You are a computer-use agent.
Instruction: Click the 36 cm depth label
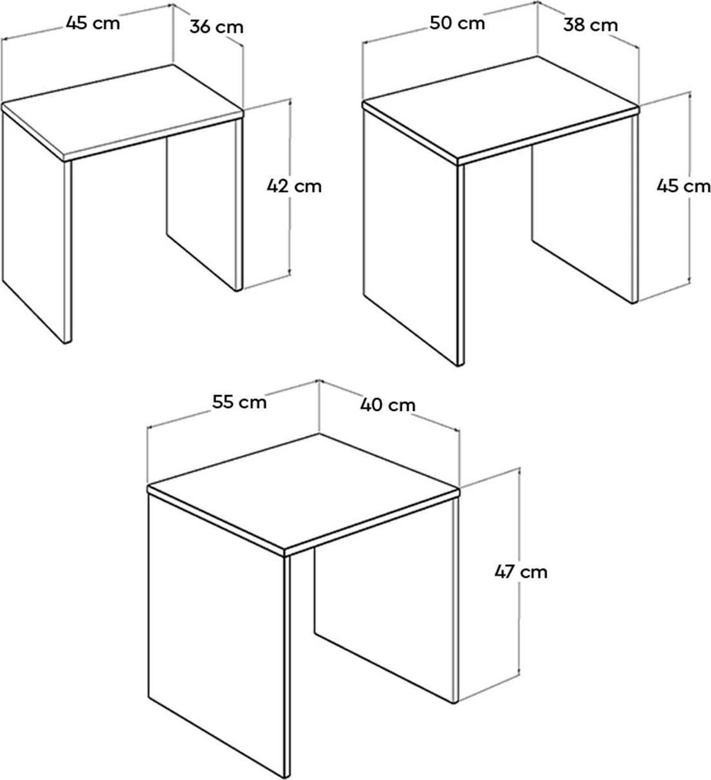[x=216, y=27]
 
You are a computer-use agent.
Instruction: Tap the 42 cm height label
[x=294, y=186]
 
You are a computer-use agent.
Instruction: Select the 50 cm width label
[x=457, y=23]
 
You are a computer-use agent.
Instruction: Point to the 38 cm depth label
[x=591, y=25]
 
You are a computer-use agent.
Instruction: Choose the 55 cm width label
[x=239, y=402]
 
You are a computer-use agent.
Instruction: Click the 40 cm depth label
[x=387, y=405]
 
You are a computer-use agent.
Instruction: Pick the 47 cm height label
[x=521, y=572]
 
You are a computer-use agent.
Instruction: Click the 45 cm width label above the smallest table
[x=93, y=23]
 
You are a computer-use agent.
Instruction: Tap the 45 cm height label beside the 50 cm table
[x=683, y=186]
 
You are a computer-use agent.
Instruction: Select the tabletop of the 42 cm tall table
[x=123, y=111]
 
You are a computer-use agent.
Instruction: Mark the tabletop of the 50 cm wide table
[x=501, y=108]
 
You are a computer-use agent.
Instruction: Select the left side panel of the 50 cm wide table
[x=413, y=237]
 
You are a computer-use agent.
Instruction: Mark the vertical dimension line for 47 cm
[x=519, y=571]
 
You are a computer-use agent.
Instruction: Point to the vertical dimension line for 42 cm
[x=290, y=186]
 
